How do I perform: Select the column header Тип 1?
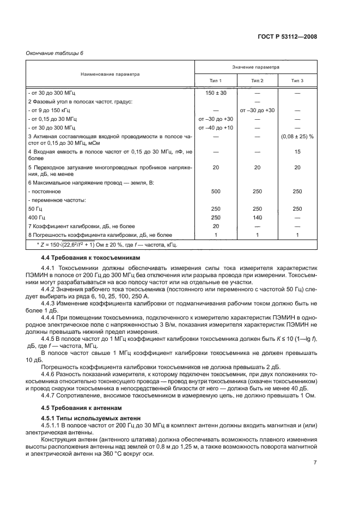(x=216, y=81)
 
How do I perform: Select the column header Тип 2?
(x=257, y=81)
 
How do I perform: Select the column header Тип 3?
(x=297, y=81)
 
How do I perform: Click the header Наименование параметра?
(x=111, y=73)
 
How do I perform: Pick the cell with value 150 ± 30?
(x=216, y=93)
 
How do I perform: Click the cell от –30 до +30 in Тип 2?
(x=257, y=110)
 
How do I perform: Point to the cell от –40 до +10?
(x=216, y=127)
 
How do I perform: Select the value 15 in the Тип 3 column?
(x=297, y=152)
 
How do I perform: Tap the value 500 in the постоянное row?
(x=216, y=192)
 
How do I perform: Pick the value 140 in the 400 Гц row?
(x=257, y=217)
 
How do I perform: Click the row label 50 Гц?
(x=35, y=208)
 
